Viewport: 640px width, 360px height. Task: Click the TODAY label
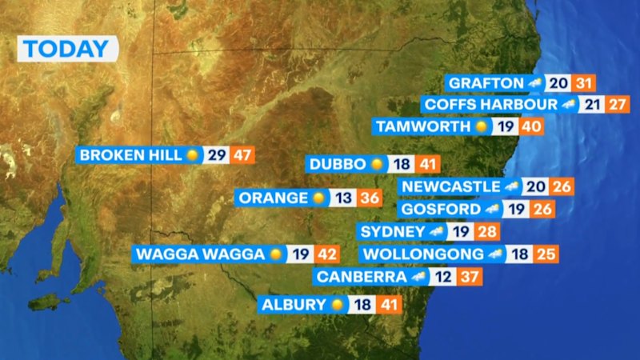pos(66,49)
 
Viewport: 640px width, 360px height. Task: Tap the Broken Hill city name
pos(131,154)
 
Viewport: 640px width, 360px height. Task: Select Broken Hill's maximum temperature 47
pos(242,154)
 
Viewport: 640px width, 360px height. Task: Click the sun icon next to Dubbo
pos(378,164)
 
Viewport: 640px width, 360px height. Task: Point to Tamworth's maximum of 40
pos(530,126)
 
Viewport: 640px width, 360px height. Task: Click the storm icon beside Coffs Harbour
pos(570,105)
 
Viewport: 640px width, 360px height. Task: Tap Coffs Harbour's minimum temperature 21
pos(592,105)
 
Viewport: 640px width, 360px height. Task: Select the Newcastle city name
pos(450,186)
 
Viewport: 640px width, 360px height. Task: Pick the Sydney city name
pos(392,231)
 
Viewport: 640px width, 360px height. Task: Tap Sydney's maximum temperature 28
pos(486,231)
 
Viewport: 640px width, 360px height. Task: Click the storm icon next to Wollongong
pos(495,254)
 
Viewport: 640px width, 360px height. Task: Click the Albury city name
pos(294,304)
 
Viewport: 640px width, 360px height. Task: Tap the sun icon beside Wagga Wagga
pos(277,254)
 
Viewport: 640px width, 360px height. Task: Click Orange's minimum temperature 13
pos(342,198)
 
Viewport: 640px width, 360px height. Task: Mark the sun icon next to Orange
pos(319,198)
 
